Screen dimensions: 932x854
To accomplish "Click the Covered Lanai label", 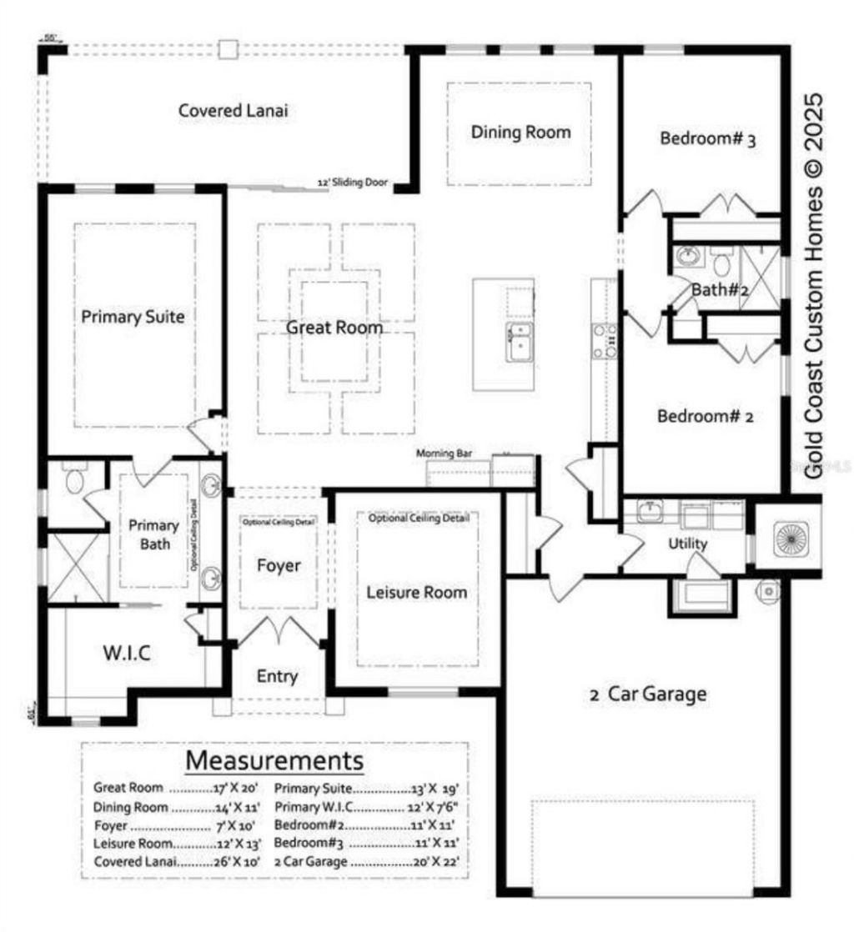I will click(234, 110).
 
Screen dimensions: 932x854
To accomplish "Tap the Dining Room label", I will click(521, 132).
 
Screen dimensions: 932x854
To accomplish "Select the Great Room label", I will click(334, 328).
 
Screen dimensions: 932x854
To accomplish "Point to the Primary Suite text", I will click(133, 317).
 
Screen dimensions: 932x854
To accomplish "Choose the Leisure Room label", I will click(417, 592).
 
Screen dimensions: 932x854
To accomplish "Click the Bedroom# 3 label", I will click(707, 138).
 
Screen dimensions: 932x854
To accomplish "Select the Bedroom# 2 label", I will click(705, 415).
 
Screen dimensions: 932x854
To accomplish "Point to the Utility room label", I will click(688, 544).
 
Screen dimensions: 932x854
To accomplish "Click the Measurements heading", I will click(274, 760).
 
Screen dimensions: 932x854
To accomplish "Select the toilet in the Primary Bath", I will click(75, 481).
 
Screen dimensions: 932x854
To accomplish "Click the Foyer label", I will click(278, 565).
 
